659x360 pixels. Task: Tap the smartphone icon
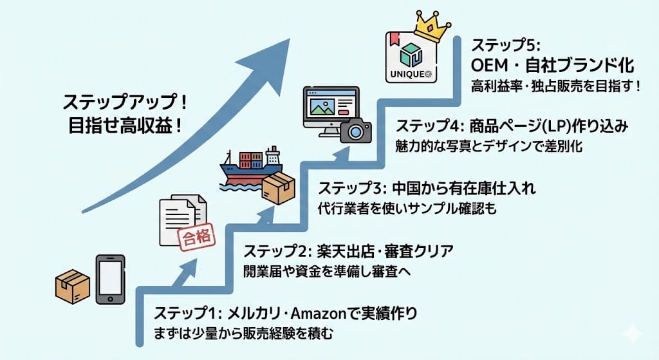tap(109, 279)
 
